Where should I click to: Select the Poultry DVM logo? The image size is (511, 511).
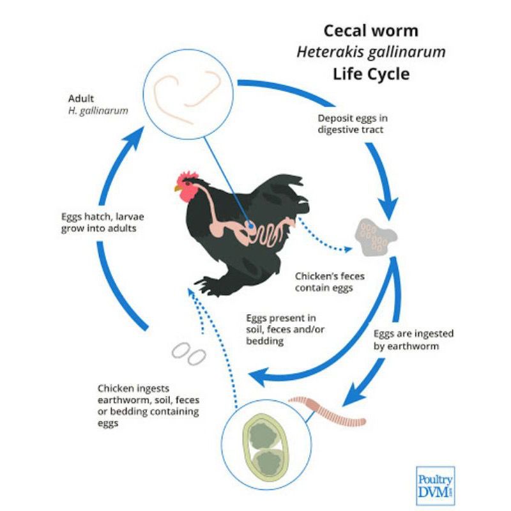[x=435, y=485]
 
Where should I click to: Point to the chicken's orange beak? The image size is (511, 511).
[x=178, y=188]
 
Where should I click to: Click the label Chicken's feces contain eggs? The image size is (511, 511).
[x=324, y=282]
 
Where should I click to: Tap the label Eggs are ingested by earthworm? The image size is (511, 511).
[x=406, y=340]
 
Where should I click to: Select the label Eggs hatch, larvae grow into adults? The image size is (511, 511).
[x=98, y=222]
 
